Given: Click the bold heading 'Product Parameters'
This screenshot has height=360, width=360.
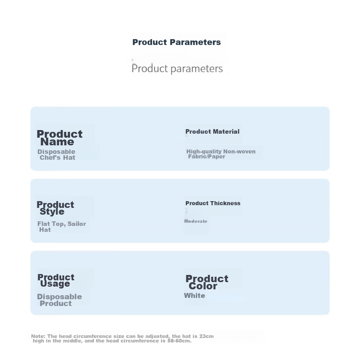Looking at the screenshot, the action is point(176,42).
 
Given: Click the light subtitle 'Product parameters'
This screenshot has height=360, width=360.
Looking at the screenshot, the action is point(177,68).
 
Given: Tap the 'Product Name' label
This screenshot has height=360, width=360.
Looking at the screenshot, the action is point(59,138).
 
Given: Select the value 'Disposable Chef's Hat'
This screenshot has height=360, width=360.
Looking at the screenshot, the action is point(57,154).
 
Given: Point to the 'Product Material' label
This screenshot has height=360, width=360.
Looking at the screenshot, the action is point(212,131).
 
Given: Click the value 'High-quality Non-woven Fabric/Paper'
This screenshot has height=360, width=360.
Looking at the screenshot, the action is point(221,154).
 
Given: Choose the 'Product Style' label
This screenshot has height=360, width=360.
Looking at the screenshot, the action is point(55,208).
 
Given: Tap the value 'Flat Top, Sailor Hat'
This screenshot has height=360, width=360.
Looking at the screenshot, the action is point(62,227).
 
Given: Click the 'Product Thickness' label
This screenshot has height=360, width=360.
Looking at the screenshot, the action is point(213,203).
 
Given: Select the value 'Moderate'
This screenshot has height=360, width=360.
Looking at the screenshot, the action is point(196,221).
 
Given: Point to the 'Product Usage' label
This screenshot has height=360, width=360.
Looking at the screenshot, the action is point(56,280).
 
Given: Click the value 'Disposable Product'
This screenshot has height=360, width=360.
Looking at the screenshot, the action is point(59,300).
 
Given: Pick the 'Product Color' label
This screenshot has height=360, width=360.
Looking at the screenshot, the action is point(207,282).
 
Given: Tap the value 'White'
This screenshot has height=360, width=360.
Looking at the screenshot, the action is point(194,296).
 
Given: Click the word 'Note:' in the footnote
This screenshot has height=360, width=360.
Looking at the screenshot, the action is point(38,336).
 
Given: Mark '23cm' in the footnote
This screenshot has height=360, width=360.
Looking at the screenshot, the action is point(207,336).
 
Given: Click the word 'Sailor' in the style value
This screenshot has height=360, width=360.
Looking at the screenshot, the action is point(76,224).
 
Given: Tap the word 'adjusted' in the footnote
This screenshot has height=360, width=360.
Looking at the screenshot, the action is point(158,336).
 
